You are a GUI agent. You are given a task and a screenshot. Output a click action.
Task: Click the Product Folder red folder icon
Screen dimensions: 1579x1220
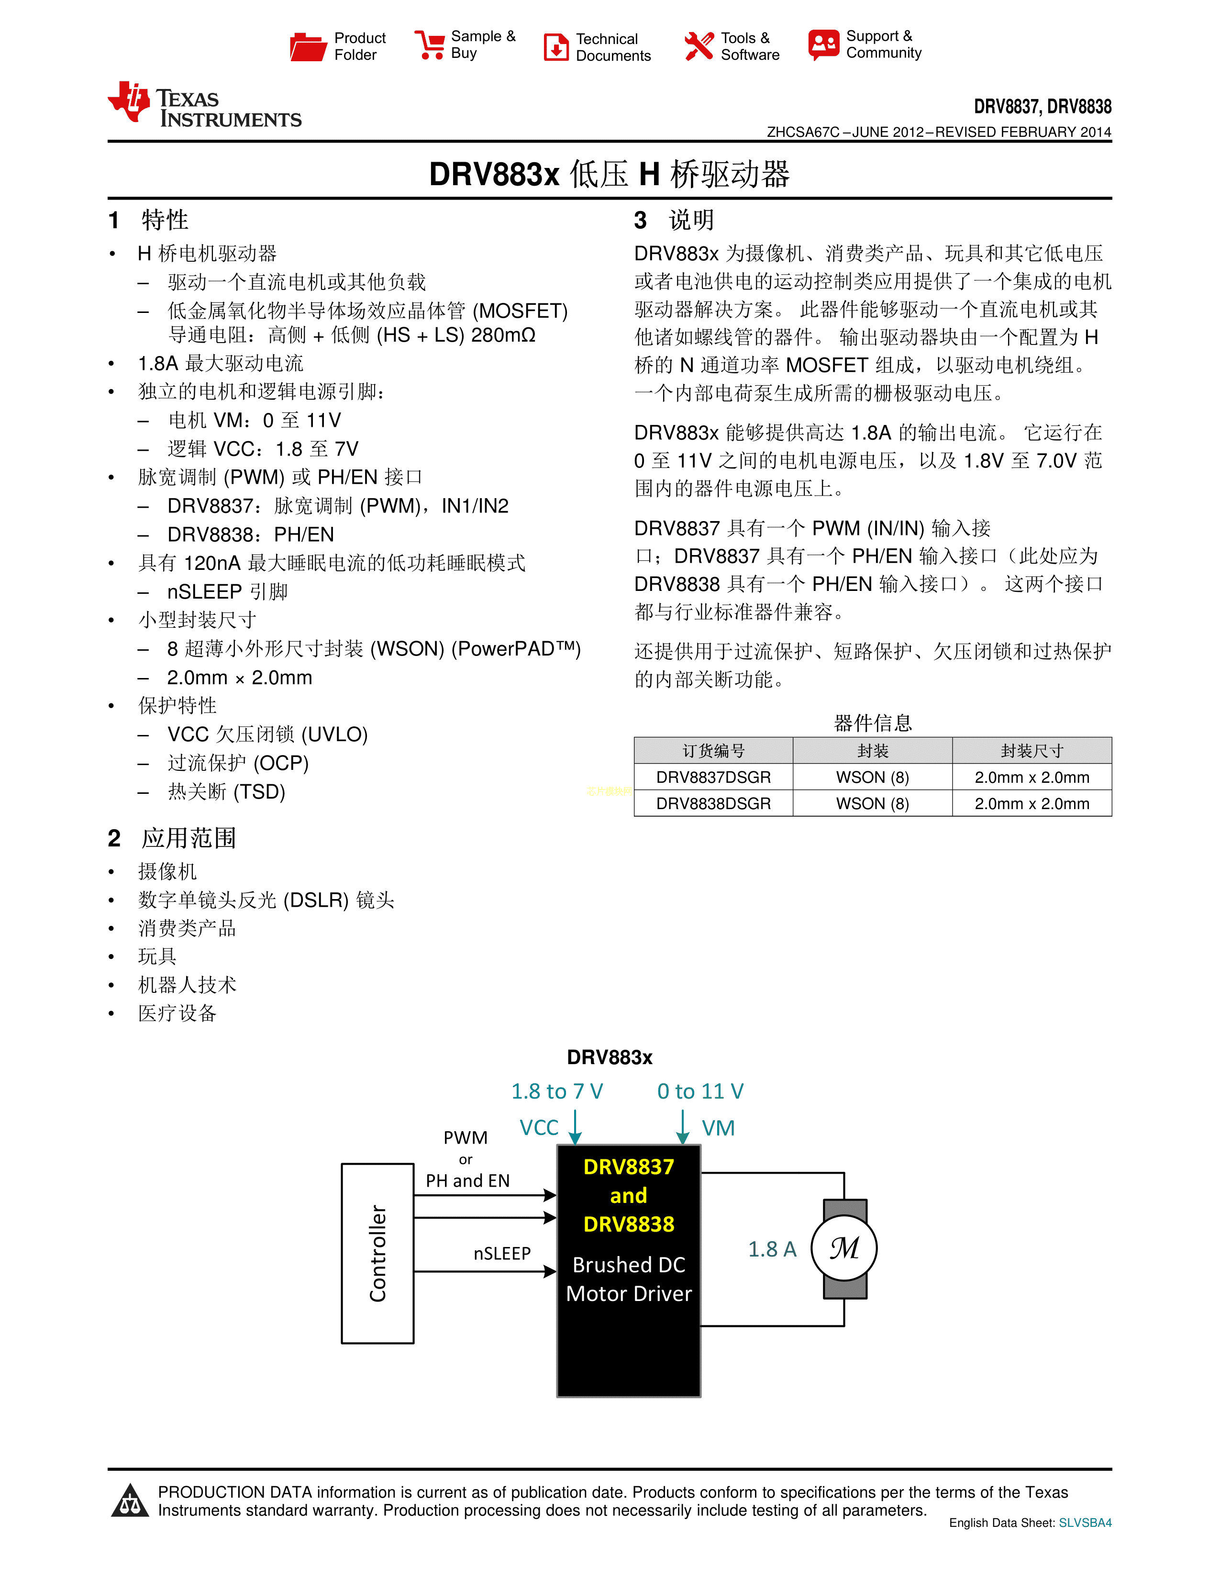[x=308, y=46]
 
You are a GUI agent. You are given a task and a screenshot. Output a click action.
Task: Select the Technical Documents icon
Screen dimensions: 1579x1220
[x=556, y=47]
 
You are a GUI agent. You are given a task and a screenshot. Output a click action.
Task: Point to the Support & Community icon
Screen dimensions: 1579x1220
[x=824, y=45]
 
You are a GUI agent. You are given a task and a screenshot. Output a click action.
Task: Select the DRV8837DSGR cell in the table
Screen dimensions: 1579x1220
[x=713, y=777]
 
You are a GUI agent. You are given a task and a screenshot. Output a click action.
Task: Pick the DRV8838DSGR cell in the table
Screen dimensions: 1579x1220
[x=713, y=803]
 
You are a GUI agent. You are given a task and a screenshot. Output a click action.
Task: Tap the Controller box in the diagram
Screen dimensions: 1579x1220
[x=377, y=1254]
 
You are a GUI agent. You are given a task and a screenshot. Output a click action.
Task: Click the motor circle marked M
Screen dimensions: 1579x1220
[x=844, y=1248]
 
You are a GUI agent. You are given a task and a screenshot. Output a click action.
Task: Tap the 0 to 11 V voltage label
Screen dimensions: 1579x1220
[x=699, y=1091]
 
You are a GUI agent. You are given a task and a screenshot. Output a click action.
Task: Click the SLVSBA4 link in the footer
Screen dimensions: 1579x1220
[x=1085, y=1523]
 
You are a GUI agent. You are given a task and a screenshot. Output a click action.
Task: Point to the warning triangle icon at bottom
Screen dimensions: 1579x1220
[x=131, y=1501]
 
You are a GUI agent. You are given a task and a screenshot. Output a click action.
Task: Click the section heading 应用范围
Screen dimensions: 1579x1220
[x=189, y=838]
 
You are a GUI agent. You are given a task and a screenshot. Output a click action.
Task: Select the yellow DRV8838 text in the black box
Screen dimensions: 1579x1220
[x=628, y=1224]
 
